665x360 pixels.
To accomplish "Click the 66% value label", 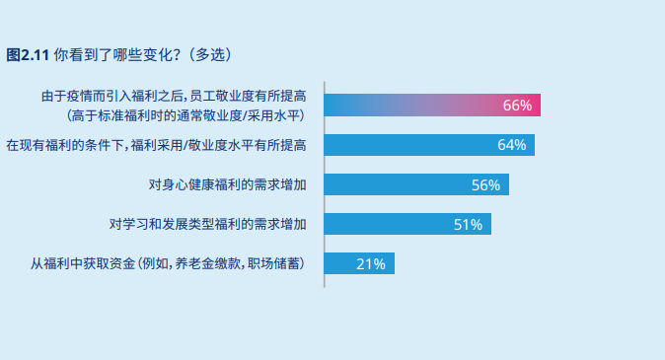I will coord(517,106).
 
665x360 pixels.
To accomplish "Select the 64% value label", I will coord(512,145).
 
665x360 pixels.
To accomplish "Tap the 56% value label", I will coord(485,184).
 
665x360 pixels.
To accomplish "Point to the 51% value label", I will coord(468,224).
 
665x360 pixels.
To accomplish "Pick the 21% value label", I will coord(371,263).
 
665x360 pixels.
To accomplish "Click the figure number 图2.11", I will coord(28,52).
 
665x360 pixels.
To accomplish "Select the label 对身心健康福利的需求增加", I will coord(227,184).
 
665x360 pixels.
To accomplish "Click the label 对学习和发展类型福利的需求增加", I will coord(207,224).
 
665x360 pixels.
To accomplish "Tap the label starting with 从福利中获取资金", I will coord(167,263).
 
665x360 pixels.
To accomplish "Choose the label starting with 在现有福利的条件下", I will coord(156,145).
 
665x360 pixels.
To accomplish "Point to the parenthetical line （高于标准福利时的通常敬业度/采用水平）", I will coord(185,115).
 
